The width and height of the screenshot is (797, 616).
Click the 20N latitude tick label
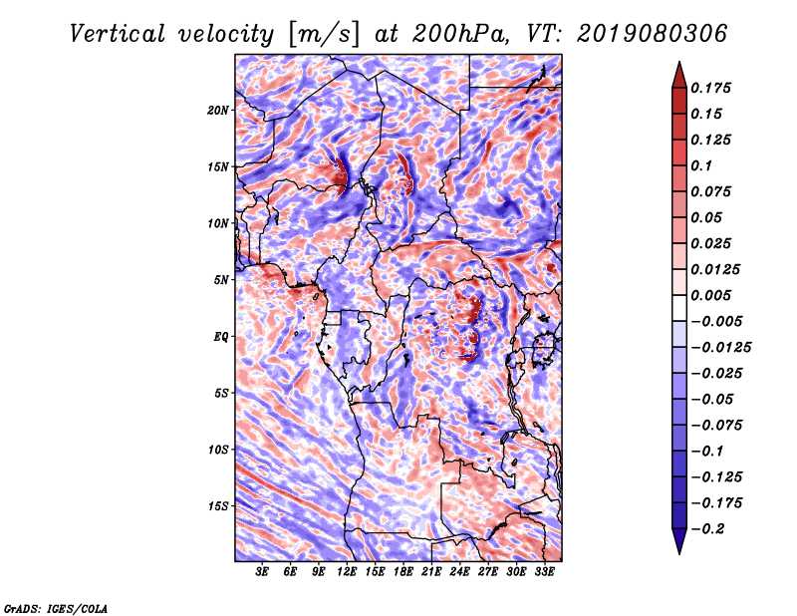tap(219, 110)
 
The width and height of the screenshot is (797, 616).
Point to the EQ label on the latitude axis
tap(221, 337)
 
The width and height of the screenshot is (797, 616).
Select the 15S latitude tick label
tap(219, 506)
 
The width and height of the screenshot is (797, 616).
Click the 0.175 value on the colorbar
tap(713, 88)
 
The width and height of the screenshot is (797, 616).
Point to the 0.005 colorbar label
tap(713, 295)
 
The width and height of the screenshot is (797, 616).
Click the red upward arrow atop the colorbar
tap(678, 73)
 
